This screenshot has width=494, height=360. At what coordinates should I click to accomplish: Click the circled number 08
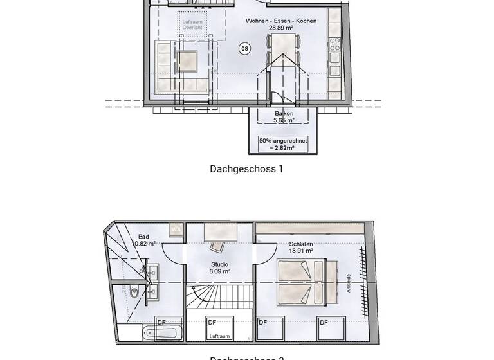pyautogui.click(x=244, y=48)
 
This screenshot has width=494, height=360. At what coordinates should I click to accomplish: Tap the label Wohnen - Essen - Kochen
pyautogui.click(x=280, y=21)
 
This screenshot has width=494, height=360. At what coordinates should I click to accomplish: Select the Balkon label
pyautogui.click(x=284, y=113)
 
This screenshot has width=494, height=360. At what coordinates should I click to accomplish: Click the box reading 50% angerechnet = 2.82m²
pyautogui.click(x=284, y=144)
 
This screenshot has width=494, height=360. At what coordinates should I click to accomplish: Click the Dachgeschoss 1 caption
pyautogui.click(x=246, y=169)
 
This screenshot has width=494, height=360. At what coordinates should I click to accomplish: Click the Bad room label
pyautogui.click(x=143, y=236)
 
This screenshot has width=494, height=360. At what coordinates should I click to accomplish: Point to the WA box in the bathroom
pyautogui.click(x=175, y=229)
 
